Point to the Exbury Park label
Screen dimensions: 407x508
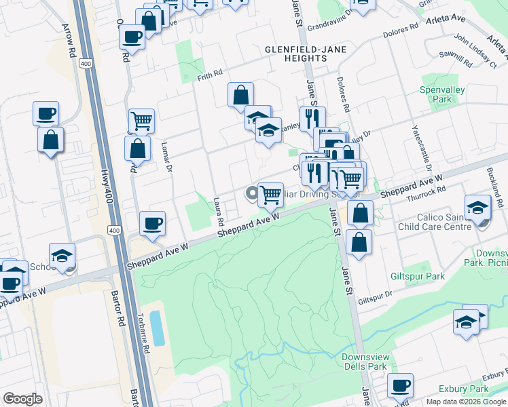click(x=464, y=389)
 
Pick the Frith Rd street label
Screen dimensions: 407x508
click(x=211, y=73)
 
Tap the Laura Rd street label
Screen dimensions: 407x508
click(x=219, y=212)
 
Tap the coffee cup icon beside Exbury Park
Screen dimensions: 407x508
click(x=400, y=385)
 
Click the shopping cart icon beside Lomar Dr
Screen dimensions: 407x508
click(x=141, y=121)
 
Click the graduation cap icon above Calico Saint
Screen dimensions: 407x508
click(x=477, y=206)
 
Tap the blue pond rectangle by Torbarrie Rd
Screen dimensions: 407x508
click(x=157, y=328)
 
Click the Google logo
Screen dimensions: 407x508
click(x=22, y=399)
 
